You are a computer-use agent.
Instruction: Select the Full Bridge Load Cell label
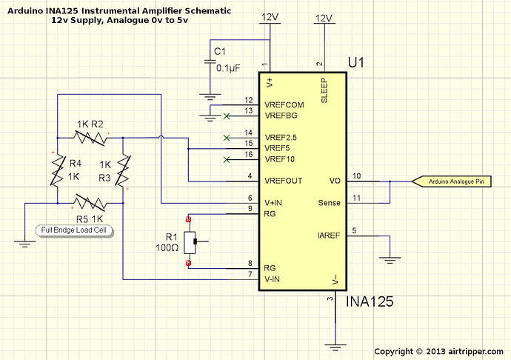click(73, 231)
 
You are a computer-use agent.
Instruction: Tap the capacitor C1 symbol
click(209, 62)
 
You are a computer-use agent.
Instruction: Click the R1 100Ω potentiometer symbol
click(193, 240)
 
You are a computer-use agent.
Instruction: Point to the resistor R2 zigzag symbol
click(88, 136)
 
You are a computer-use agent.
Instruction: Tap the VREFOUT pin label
click(284, 181)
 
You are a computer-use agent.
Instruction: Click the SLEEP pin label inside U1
click(324, 90)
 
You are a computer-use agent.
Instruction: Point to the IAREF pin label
click(329, 236)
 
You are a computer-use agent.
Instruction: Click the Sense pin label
click(329, 203)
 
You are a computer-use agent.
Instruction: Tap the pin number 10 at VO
click(357, 176)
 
